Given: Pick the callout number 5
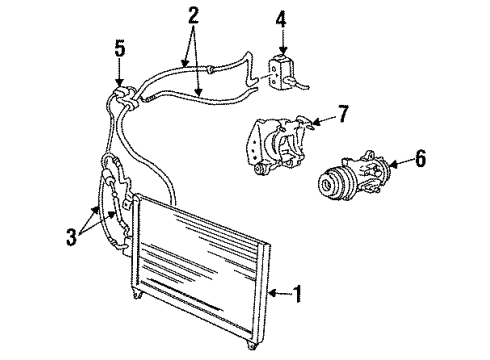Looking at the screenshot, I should pos(119,46).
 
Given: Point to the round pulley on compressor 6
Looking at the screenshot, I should pos(330,185).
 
